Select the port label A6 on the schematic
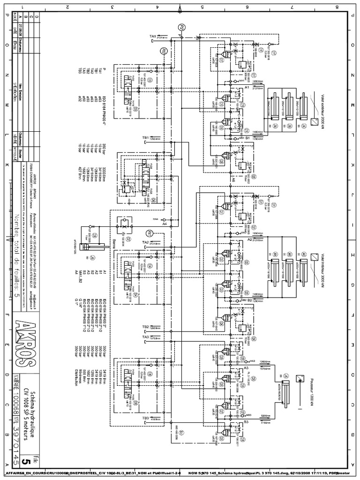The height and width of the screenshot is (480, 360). [233, 179]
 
